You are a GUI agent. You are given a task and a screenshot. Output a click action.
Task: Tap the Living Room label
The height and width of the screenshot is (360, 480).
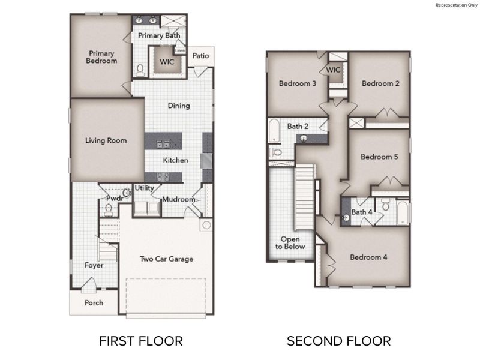pos(106,141)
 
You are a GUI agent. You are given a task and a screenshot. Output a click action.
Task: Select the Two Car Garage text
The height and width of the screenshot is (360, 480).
pos(167,259)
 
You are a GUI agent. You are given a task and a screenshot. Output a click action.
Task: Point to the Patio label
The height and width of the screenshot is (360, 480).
pos(201,56)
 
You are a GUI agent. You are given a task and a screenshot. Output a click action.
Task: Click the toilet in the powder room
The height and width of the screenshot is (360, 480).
pos(109,210)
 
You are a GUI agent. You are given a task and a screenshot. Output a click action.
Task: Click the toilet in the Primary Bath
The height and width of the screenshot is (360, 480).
pos(140,71)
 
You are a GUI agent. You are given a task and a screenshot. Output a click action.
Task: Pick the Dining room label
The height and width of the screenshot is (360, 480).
pos(179,106)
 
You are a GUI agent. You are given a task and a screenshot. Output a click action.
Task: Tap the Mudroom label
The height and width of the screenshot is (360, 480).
pos(179,199)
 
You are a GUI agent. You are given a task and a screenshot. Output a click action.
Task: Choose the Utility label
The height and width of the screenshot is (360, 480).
pos(144,188)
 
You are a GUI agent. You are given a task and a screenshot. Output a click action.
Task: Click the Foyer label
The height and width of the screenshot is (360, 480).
pos(94,265)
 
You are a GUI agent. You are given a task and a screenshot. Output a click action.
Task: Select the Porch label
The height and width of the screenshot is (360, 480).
pos(94,303)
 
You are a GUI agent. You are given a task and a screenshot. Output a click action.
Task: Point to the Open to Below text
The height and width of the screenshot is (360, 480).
pos(290,242)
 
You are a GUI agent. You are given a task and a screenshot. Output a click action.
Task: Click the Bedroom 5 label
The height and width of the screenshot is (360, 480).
pos(379,157)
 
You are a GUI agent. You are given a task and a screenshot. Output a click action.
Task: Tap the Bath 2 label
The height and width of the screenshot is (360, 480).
pos(298,127)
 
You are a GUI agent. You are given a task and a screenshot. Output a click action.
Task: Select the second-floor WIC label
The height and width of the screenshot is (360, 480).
pos(334,70)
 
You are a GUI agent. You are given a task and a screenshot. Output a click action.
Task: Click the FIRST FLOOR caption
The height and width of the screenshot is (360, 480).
pos(140,341)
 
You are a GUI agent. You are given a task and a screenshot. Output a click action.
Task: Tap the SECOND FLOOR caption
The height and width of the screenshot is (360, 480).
pos(339,341)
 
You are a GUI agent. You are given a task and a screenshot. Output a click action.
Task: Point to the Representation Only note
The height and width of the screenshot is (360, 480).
pos(455,5)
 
